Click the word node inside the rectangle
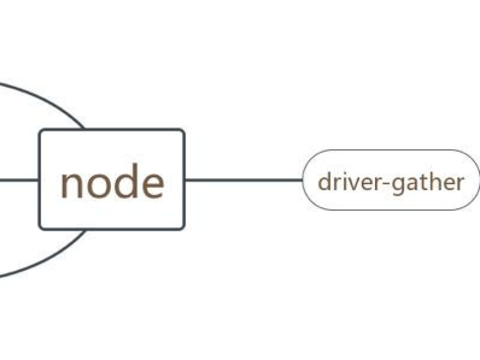(x=112, y=182)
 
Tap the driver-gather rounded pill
(x=391, y=180)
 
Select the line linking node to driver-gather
(x=244, y=180)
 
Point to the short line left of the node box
(x=19, y=180)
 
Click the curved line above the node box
(x=46, y=97)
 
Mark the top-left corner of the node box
(x=39, y=129)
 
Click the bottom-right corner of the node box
(x=185, y=229)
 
